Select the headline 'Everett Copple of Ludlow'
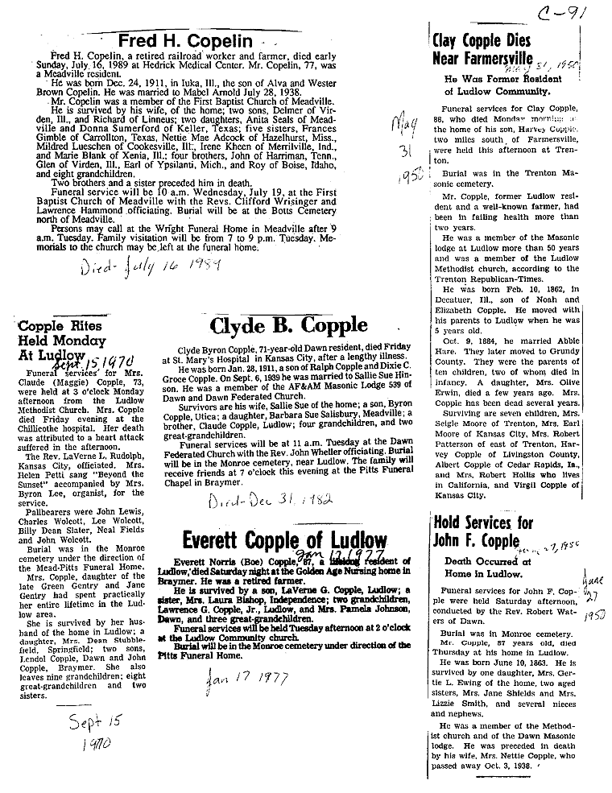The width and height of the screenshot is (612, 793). [x=283, y=539]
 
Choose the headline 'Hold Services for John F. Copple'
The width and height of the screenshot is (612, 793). [x=483, y=532]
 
